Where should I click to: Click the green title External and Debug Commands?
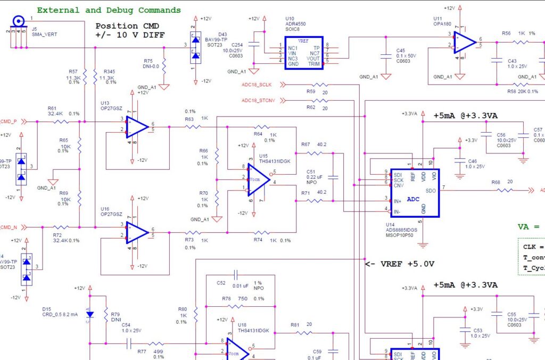(109, 10)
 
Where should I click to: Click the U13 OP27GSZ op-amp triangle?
(137, 127)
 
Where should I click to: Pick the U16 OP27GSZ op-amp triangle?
(137, 232)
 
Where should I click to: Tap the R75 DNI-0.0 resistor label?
(152, 63)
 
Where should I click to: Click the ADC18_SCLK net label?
(257, 85)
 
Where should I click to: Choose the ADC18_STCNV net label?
(258, 101)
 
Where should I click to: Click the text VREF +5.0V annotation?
(400, 264)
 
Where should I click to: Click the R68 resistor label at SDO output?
(496, 183)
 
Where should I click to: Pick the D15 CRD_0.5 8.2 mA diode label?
(60, 312)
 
